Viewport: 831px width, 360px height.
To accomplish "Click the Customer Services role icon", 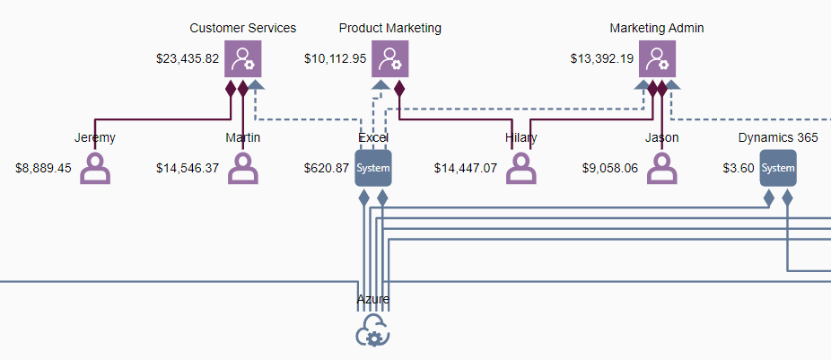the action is pyautogui.click(x=243, y=59).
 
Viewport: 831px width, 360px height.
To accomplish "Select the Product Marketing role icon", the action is pyautogui.click(x=390, y=59).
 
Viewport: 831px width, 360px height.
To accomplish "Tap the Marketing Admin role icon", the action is pyautogui.click(x=657, y=59).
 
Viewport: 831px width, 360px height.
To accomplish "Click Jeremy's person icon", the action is pyautogui.click(x=95, y=168).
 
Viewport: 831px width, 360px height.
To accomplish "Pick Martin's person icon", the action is pyautogui.click(x=243, y=168).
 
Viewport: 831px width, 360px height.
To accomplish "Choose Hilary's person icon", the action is pyautogui.click(x=521, y=168).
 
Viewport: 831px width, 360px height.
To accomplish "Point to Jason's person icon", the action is pyautogui.click(x=662, y=168).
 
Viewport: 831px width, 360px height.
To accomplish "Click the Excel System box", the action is pyautogui.click(x=373, y=168).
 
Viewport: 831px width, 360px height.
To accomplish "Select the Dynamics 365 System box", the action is pyautogui.click(x=778, y=168).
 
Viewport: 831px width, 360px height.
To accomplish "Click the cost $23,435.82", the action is pyautogui.click(x=188, y=59).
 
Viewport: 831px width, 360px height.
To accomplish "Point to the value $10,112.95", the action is pyautogui.click(x=335, y=59).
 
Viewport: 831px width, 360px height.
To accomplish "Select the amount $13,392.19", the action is pyautogui.click(x=602, y=59).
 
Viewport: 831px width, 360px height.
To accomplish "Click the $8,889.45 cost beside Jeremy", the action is pyautogui.click(x=43, y=168).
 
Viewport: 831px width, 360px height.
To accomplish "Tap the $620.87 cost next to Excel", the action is pyautogui.click(x=327, y=168).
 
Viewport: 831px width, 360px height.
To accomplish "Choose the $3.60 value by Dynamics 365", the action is pyautogui.click(x=739, y=168).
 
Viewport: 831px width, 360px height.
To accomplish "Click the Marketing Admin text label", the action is pyautogui.click(x=657, y=28).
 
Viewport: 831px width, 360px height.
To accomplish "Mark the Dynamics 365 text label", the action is pyautogui.click(x=778, y=138).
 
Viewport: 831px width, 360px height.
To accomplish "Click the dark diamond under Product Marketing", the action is pyautogui.click(x=399, y=88).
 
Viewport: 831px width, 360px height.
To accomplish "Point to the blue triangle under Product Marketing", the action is pyautogui.click(x=381, y=83).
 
